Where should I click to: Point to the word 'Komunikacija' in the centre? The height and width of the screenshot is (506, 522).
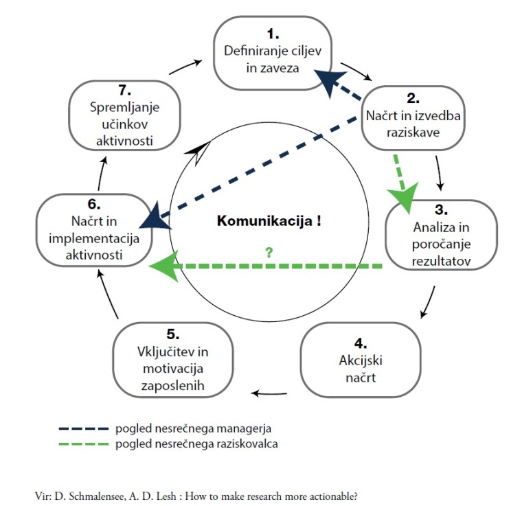(264, 221)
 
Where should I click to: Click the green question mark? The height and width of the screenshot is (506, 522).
(269, 253)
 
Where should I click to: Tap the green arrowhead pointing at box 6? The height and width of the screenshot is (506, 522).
(165, 266)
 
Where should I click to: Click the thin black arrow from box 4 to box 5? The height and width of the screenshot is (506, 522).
(269, 393)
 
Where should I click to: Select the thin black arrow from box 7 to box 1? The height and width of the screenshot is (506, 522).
(185, 67)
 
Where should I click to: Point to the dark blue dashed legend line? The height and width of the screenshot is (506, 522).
(84, 428)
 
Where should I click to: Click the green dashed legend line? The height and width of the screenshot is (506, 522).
(84, 444)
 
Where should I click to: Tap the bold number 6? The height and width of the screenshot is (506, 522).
(94, 204)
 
